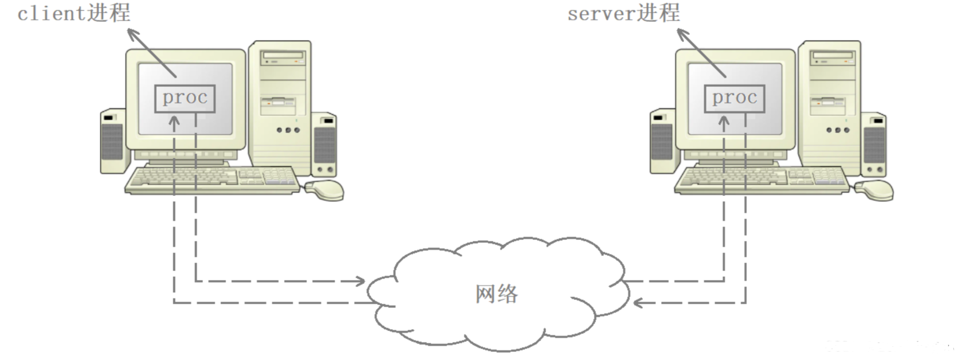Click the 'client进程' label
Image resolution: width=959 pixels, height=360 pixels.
74,13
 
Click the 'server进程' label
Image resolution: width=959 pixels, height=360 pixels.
624,13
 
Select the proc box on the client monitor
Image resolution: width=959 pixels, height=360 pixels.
185,98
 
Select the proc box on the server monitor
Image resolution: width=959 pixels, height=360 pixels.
734,98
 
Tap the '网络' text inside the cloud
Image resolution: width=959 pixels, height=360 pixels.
496,294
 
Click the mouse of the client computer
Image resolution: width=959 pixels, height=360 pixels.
325,190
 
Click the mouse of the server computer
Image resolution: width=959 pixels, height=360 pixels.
875,190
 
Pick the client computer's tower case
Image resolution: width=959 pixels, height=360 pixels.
280,104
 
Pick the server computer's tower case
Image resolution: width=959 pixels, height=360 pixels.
830,104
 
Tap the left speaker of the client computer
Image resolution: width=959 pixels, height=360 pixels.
113,141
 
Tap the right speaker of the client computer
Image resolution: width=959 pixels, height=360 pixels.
325,144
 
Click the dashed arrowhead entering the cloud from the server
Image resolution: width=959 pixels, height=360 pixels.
638,302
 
